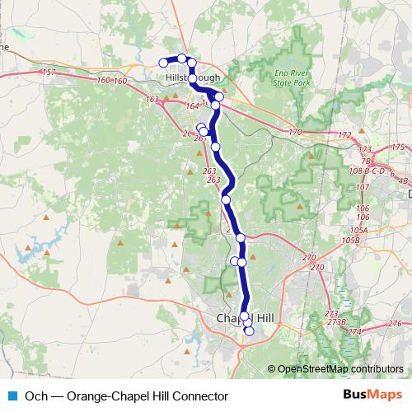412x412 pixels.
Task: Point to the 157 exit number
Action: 48,73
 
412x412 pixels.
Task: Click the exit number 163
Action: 152,100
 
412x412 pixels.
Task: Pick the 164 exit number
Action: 193,106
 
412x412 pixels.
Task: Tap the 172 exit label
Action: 344,135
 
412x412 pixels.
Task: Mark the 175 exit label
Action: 398,147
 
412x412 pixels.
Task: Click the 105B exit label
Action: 351,240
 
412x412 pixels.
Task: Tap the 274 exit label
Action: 354,331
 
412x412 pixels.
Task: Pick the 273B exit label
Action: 335,322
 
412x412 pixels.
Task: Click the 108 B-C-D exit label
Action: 368,171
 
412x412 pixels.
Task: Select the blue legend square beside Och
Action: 12,396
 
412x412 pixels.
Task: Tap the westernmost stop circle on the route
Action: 163,63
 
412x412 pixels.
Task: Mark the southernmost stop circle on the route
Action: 250,332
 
